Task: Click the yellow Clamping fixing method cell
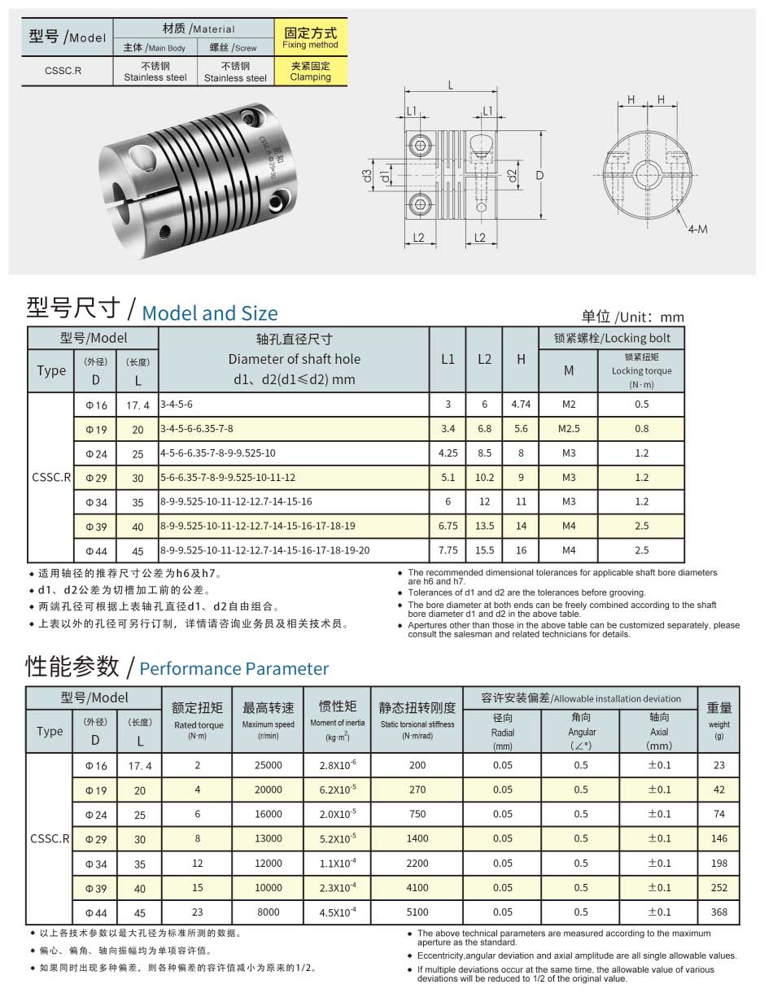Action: click(x=311, y=72)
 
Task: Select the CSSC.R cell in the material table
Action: click(x=63, y=71)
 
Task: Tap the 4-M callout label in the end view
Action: click(x=697, y=229)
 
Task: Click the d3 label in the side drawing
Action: click(x=368, y=175)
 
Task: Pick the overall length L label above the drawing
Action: click(x=451, y=85)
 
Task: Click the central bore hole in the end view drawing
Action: click(x=649, y=174)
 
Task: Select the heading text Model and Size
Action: click(x=209, y=313)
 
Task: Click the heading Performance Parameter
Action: click(x=234, y=669)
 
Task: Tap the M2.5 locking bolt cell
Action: click(x=569, y=428)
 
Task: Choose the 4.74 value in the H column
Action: click(x=521, y=405)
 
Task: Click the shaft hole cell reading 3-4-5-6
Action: click(x=177, y=405)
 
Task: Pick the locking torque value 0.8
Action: click(x=641, y=428)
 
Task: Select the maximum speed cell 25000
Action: click(x=269, y=765)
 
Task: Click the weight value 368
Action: click(x=718, y=912)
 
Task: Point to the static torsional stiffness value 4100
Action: click(x=417, y=887)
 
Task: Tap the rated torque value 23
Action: click(x=198, y=912)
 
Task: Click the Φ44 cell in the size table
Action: click(x=96, y=550)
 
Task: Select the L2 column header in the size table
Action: click(x=484, y=359)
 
